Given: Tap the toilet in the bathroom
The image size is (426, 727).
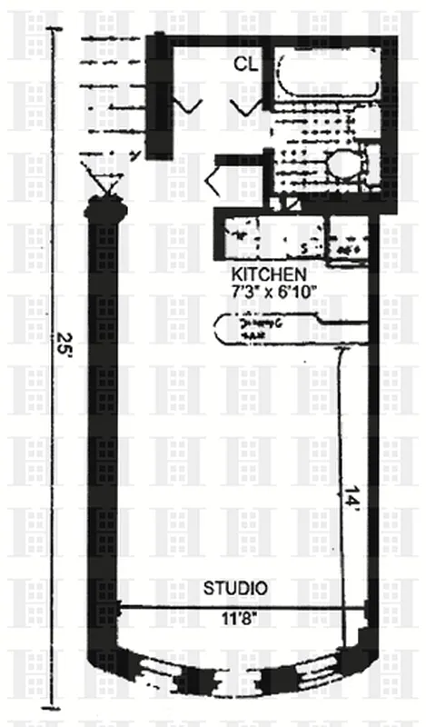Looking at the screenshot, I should [345, 167].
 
